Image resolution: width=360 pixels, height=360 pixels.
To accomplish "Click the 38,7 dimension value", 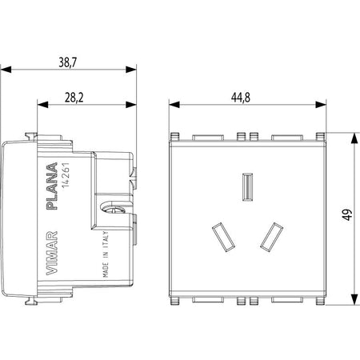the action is pos(68,62).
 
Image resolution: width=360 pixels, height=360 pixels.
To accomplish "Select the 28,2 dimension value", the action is pos(74,98).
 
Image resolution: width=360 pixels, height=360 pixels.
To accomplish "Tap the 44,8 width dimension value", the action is pos(241,98).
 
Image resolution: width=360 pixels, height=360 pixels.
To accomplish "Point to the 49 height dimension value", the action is pos(347,214).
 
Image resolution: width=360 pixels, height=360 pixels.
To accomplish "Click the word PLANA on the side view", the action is pos(52,186).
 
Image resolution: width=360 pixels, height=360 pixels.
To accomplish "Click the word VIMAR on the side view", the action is pos(52,253).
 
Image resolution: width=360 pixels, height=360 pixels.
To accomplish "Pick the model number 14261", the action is pos(66,175).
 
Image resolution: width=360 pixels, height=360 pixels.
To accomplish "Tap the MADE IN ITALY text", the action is pos(106,254).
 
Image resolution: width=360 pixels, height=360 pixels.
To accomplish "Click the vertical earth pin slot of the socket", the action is pos(247,186).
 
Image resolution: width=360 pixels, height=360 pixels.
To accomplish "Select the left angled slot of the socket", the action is pos(223,237).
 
